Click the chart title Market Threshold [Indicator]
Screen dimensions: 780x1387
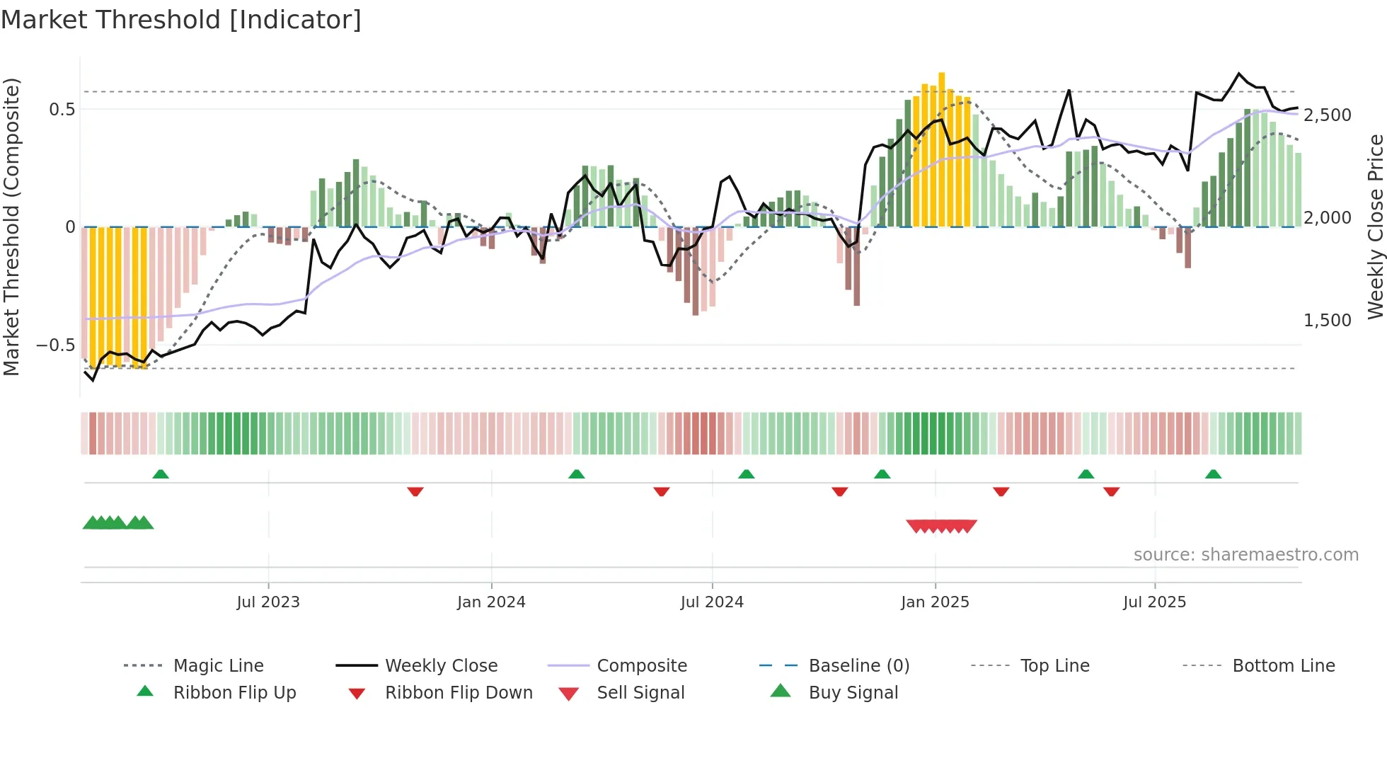pos(181,20)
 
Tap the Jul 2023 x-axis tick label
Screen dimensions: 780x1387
pos(268,602)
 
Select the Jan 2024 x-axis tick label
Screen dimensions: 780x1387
pos(491,602)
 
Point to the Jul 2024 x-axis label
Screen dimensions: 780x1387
pos(712,602)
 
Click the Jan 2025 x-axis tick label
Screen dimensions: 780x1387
pos(935,602)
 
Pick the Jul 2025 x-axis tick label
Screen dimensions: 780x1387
pos(1154,602)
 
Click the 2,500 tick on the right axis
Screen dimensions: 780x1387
pos(1328,115)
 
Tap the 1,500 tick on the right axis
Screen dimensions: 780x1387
pos(1328,320)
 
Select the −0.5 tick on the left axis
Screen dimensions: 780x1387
pos(56,345)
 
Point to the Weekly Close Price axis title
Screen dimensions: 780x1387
pos(1375,226)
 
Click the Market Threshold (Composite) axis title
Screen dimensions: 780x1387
pos(11,226)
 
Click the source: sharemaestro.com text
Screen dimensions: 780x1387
pos(1245,555)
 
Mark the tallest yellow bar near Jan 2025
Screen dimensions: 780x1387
pos(941,149)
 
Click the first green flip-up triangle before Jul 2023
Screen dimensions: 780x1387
pos(161,474)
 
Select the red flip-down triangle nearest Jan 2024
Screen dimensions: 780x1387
pos(415,491)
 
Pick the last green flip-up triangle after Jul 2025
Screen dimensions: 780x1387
pos(1213,474)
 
